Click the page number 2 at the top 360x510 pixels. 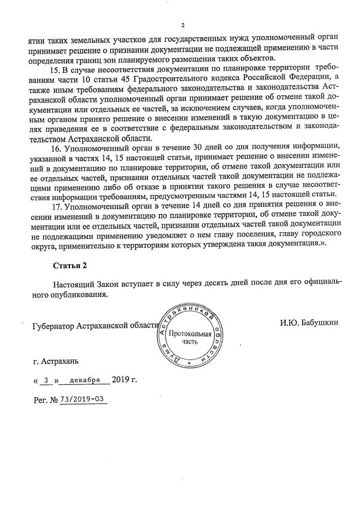click(183, 25)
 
